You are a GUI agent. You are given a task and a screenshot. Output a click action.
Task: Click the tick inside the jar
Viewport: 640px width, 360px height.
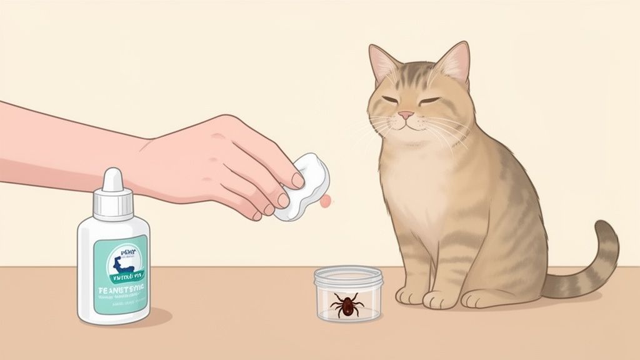coord(346,304)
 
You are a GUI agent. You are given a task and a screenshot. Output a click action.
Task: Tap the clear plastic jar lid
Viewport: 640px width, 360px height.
coord(348,276)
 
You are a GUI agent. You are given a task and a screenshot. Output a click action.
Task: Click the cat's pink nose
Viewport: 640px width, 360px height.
coord(406,115)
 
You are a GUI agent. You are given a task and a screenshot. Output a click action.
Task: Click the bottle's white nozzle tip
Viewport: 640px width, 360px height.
coord(112,178)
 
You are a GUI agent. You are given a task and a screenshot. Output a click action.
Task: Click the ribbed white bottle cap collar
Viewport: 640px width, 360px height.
coord(113,203)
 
